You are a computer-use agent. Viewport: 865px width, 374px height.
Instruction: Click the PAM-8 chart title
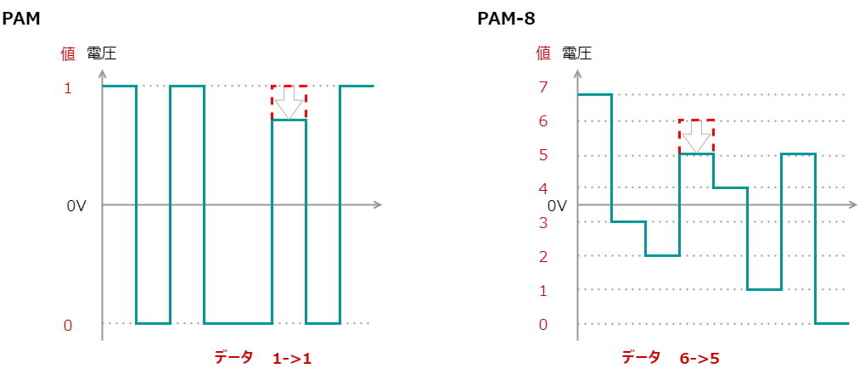[x=506, y=18]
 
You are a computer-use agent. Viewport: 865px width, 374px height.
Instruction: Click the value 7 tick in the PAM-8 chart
[x=542, y=87]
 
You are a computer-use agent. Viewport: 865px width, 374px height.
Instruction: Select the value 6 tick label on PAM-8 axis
[x=542, y=121]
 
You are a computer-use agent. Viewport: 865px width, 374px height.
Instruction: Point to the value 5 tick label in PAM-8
[x=542, y=155]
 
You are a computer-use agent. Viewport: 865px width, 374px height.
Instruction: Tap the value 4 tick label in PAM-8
[x=542, y=188]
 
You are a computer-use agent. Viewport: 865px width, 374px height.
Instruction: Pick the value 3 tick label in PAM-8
[x=542, y=223]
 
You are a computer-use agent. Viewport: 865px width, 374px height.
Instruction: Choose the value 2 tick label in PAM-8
[x=542, y=257]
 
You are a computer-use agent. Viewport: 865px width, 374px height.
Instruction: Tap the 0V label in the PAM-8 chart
[x=556, y=206]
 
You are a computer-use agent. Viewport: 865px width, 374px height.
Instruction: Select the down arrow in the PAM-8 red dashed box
[x=696, y=137]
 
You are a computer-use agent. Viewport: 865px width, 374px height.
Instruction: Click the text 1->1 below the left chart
[x=292, y=359]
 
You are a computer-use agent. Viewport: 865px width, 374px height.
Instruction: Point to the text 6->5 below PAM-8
[x=699, y=359]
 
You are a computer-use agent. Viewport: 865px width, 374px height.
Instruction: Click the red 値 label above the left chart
[x=68, y=53]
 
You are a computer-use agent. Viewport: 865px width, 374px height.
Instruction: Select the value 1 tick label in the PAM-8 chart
[x=542, y=291]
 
